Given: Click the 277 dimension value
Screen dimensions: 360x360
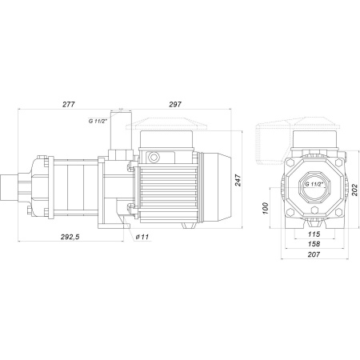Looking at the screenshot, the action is coord(69,104).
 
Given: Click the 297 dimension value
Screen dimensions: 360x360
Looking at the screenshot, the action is coord(175,104).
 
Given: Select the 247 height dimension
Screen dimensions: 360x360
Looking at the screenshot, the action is coord(238,180).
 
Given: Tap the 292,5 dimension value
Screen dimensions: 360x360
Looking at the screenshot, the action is coord(70,237).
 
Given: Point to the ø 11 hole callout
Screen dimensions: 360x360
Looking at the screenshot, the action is coord(142,237).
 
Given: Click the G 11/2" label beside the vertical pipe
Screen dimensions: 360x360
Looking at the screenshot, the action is coord(98,121).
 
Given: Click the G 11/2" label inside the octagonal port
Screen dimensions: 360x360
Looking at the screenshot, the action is coord(314,184).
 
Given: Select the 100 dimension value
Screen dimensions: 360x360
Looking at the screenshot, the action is coord(265,208).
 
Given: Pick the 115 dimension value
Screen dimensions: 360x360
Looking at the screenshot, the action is coord(314,234).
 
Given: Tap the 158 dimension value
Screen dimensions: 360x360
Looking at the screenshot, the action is coord(314,244).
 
